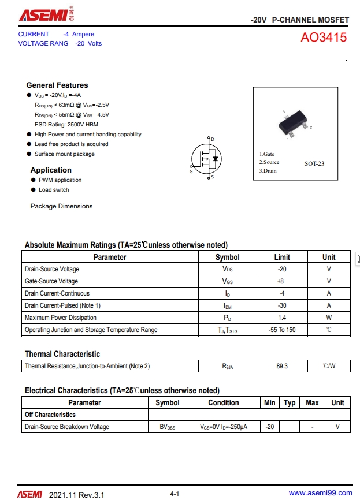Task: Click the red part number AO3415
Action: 324,38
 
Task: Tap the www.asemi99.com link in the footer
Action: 320,493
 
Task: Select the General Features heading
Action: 57,85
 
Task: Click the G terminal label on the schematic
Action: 191,171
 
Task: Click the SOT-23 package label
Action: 314,163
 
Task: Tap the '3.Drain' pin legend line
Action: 268,171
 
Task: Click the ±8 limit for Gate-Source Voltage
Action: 282,282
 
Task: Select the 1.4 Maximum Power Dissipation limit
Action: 282,318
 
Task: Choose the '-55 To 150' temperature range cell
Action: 282,330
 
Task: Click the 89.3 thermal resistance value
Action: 282,367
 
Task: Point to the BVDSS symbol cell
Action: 168,427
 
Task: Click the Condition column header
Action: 224,403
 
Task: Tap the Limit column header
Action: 282,258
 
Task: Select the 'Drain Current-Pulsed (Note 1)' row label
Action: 62,306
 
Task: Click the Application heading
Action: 51,170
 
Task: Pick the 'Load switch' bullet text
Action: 54,190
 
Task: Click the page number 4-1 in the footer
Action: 175,494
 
